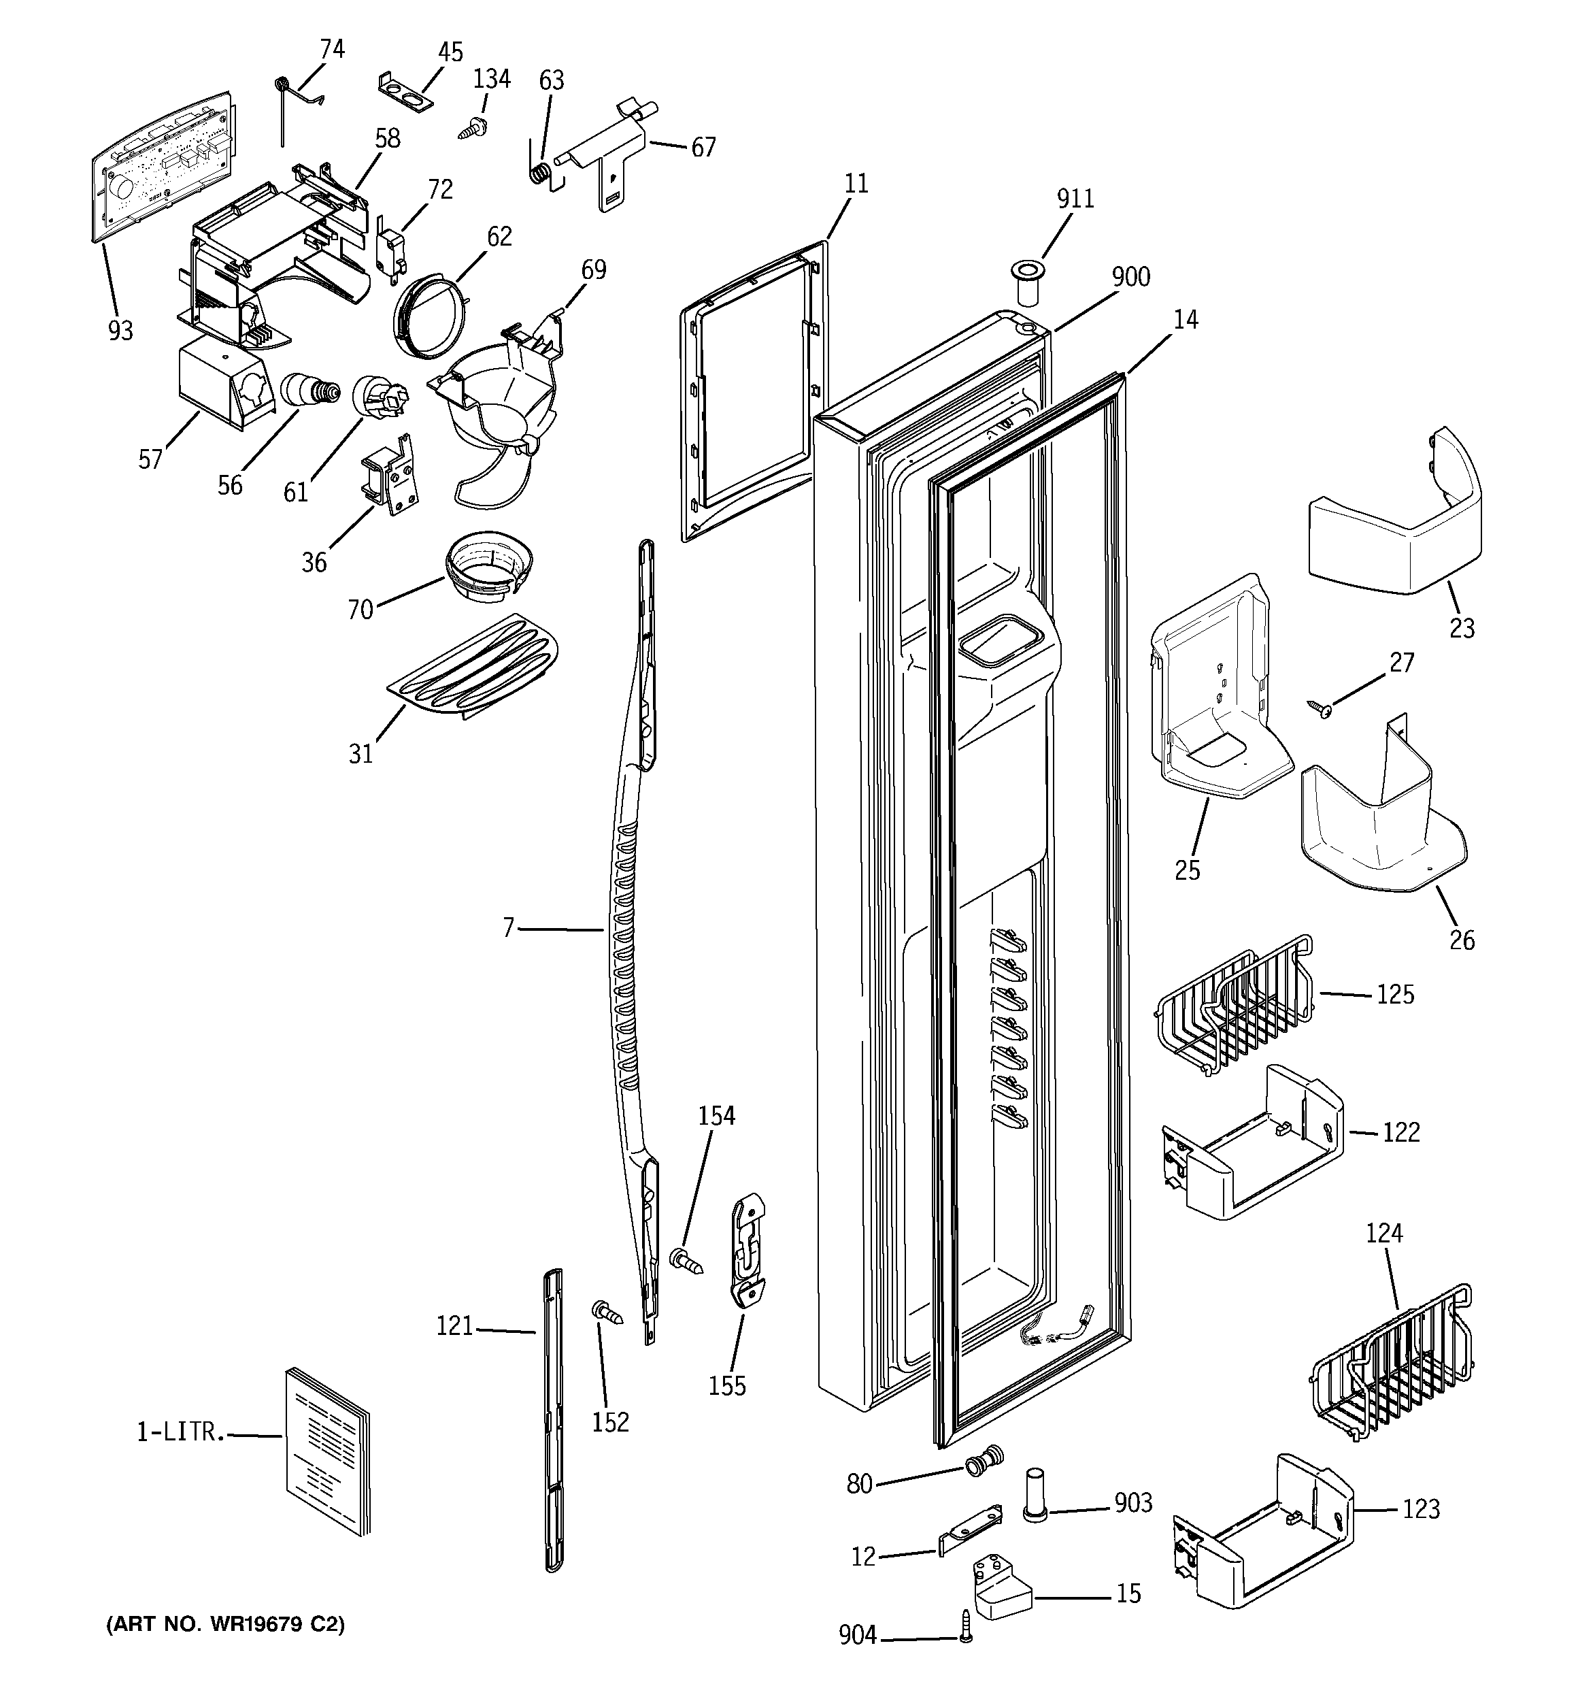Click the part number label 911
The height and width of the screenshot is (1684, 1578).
[x=1075, y=199]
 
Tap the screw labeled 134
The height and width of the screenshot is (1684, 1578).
[x=469, y=129]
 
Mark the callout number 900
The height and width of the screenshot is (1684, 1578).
[x=1130, y=277]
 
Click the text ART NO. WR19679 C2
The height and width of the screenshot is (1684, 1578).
[x=225, y=1625]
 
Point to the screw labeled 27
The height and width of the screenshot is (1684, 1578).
[x=1320, y=708]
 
